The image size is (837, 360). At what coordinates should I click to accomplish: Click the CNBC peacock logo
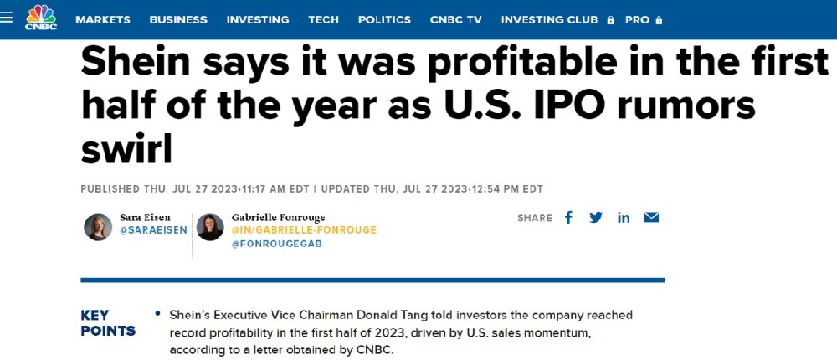[40, 17]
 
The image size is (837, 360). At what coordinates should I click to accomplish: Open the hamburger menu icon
[8, 18]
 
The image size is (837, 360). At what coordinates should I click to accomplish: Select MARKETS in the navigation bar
[102, 19]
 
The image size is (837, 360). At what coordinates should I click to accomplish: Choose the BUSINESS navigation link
[177, 19]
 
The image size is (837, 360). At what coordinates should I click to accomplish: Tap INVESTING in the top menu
[258, 19]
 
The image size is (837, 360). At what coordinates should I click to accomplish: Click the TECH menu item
[323, 19]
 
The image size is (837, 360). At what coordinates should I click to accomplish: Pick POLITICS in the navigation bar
[384, 19]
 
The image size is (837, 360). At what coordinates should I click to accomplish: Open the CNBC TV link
[456, 19]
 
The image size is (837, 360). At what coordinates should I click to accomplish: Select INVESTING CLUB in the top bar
[550, 19]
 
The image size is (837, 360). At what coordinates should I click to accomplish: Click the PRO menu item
[637, 19]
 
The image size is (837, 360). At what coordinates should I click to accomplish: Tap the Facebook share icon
[569, 218]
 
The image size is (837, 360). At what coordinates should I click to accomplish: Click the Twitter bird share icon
[596, 218]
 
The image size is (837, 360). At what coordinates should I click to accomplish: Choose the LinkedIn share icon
[624, 218]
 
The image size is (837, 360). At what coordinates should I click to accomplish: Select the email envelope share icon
[651, 218]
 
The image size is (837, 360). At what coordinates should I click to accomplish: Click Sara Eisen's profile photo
[98, 228]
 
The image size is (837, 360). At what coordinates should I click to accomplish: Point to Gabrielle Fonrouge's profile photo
[210, 228]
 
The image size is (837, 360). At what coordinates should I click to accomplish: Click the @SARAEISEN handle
[153, 230]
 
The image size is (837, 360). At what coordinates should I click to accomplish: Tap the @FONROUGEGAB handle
[277, 244]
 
